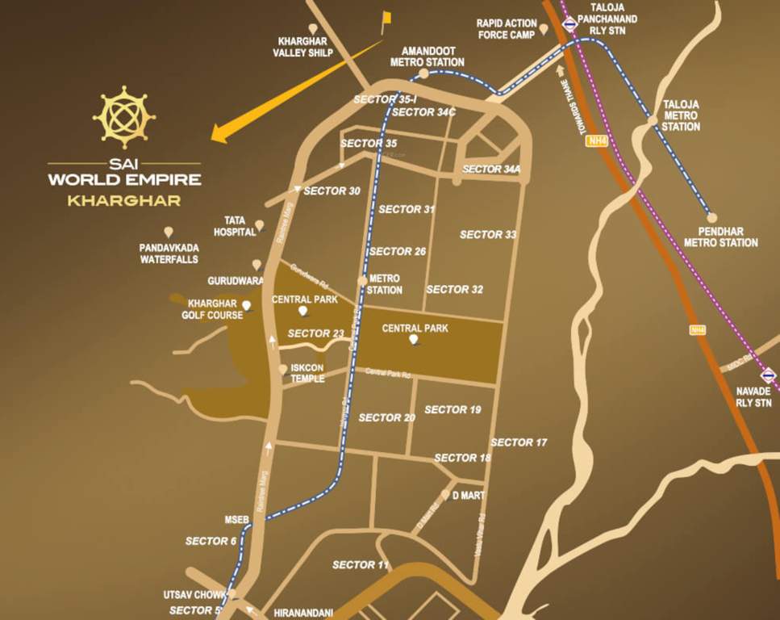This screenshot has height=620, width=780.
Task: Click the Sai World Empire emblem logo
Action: (123, 117)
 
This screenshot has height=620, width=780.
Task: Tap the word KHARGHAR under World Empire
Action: (123, 199)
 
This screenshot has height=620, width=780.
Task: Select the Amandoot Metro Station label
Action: (427, 56)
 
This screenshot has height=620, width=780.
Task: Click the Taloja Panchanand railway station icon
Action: (569, 25)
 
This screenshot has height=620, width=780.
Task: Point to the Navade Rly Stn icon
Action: (768, 375)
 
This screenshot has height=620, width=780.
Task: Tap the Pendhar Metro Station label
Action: (721, 237)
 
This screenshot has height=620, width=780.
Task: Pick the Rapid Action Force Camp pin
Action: (544, 29)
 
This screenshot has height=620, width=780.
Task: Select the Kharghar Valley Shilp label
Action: (305, 47)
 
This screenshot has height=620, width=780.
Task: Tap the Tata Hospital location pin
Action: (260, 225)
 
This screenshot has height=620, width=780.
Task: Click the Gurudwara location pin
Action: (257, 264)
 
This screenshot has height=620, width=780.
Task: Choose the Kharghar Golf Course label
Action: (211, 309)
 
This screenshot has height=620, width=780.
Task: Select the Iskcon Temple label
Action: (307, 372)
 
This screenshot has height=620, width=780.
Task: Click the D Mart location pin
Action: (445, 493)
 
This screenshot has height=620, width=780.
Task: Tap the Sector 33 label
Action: (488, 235)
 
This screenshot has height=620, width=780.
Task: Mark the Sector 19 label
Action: (453, 409)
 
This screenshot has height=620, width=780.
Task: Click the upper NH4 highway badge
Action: (595, 140)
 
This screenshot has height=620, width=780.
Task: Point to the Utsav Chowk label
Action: (194, 595)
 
